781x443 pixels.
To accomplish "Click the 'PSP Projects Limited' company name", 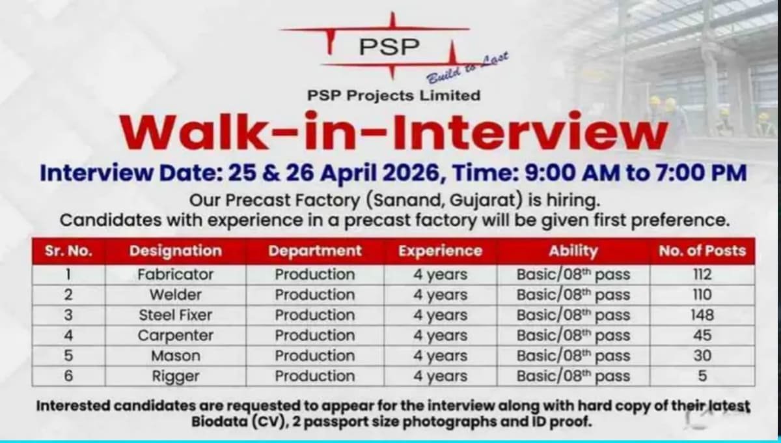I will click(394, 95).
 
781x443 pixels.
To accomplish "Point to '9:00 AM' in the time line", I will click(565, 173).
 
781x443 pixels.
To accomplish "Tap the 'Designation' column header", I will click(175, 251).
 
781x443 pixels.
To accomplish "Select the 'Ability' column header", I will click(573, 251).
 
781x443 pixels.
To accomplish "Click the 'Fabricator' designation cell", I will click(175, 274).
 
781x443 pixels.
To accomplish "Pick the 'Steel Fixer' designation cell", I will click(175, 315).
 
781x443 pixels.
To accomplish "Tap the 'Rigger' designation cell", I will click(175, 376).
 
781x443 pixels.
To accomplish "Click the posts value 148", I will click(702, 315).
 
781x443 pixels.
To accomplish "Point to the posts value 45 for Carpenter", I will click(702, 336).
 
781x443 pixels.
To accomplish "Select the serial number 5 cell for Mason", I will click(68, 356).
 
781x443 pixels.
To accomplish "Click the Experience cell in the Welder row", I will click(440, 294).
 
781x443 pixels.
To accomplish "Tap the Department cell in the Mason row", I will click(314, 356).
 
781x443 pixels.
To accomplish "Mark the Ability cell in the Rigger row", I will click(573, 376).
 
